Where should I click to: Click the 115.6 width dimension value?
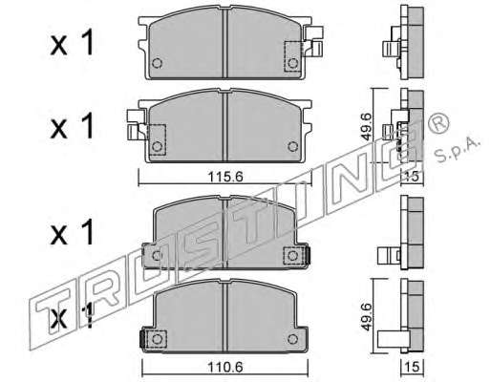coord(225,177)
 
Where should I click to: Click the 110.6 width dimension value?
coord(225,368)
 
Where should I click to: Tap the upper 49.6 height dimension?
coord(367,126)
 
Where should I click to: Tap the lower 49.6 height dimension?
coord(367,317)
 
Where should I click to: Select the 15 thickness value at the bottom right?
coord(413,368)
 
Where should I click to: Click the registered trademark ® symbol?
coord(439,123)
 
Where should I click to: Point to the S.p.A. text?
coord(457,150)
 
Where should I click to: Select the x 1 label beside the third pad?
coord(73,231)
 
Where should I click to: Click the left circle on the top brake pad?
coord(157,63)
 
